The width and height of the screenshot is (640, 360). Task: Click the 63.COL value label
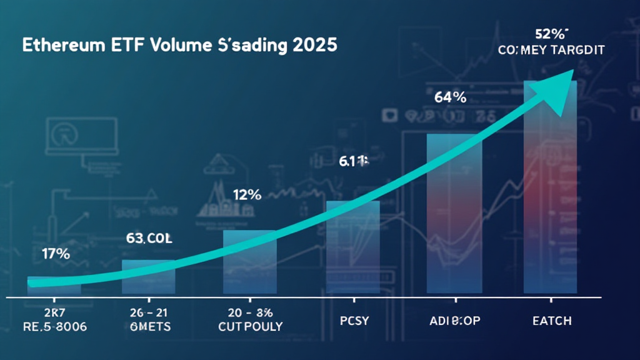coord(149,238)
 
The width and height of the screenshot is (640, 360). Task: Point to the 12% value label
coord(247,194)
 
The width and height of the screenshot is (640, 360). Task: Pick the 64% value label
coord(450,97)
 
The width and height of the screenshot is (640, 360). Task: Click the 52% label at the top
coord(549,34)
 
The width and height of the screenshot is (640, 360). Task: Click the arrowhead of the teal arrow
coord(560,85)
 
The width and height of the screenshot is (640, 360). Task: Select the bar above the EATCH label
coord(549,187)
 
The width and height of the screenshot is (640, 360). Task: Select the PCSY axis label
coord(352,321)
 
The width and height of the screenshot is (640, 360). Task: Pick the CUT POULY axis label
coord(250,326)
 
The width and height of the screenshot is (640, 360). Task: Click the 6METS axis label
coord(149,326)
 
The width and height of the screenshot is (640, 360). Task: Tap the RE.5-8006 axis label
coord(54,326)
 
